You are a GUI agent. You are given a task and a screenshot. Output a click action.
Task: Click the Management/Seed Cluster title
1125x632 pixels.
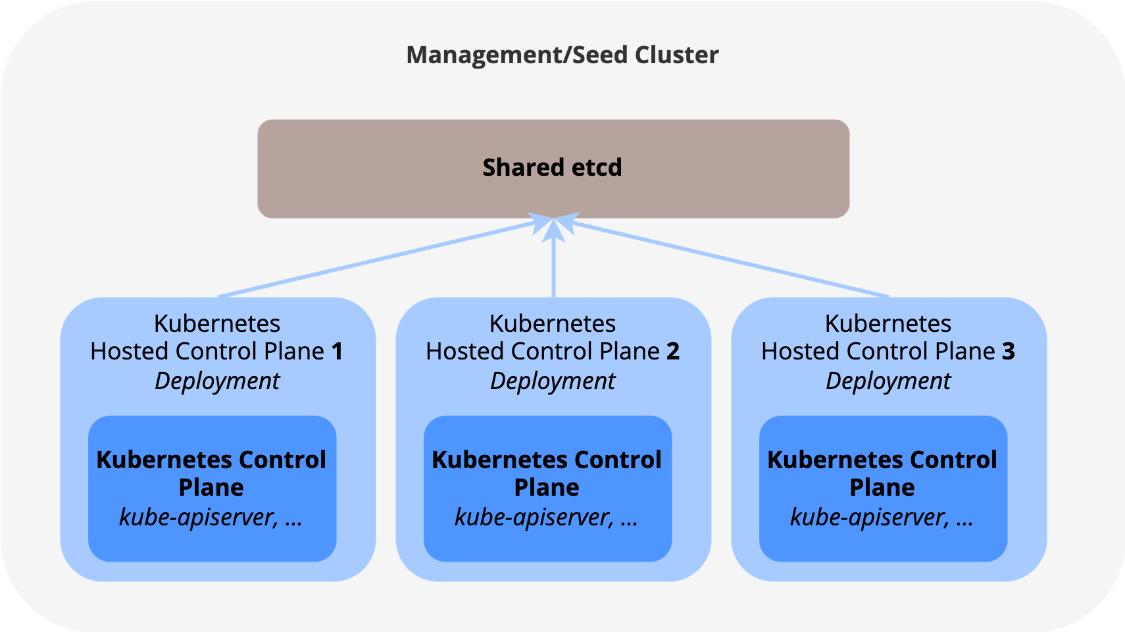pyautogui.click(x=562, y=55)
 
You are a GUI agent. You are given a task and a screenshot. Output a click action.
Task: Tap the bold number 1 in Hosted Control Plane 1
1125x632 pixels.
pyautogui.click(x=337, y=352)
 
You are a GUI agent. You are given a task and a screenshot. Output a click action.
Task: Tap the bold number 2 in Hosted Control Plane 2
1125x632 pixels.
pyautogui.click(x=672, y=352)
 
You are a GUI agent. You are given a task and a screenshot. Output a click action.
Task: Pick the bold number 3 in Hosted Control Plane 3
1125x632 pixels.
pyautogui.click(x=1009, y=352)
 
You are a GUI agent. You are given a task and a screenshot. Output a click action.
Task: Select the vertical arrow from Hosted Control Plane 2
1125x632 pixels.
pyautogui.click(x=553, y=263)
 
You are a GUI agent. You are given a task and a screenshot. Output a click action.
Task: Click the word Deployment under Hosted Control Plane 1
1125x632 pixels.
pyautogui.click(x=217, y=381)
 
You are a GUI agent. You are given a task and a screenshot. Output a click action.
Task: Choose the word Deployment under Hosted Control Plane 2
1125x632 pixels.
pyautogui.click(x=553, y=381)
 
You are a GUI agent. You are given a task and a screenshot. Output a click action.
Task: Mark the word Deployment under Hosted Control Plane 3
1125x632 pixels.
pyautogui.click(x=888, y=381)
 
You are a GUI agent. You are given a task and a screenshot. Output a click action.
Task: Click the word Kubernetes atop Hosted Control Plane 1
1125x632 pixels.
pyautogui.click(x=217, y=324)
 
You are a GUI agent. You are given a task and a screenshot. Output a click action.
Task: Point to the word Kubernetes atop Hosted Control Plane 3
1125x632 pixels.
pyautogui.click(x=888, y=324)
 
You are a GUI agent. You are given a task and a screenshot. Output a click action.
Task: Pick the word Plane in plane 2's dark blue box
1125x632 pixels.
pyautogui.click(x=546, y=488)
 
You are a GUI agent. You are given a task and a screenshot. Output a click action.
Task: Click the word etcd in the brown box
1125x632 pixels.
pyautogui.click(x=597, y=168)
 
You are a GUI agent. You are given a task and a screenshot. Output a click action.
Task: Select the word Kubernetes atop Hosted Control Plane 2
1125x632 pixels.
pyautogui.click(x=553, y=324)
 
